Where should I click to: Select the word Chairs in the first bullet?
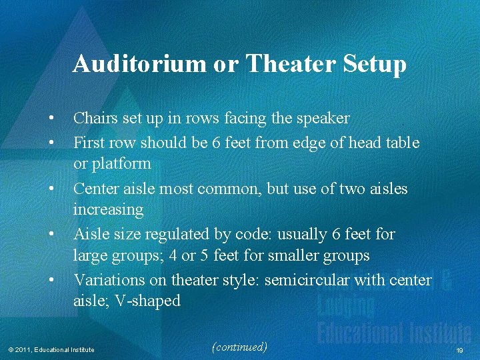point(95,119)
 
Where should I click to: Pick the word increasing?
point(108,210)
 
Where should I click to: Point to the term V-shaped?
point(147,301)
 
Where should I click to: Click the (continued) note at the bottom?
point(239,347)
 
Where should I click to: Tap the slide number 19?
point(459,350)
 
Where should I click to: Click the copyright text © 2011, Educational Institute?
point(51,350)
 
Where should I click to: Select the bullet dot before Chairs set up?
point(51,119)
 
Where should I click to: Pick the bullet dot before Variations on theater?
point(51,280)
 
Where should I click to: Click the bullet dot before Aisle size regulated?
point(51,235)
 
